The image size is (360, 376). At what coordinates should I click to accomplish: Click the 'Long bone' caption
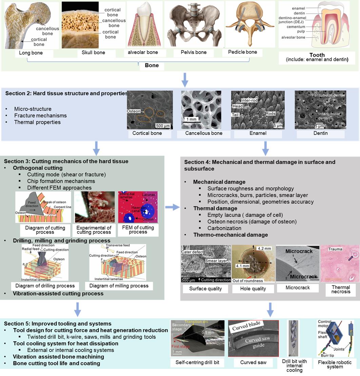point(31,53)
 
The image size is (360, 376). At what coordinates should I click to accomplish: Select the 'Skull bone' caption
point(93,53)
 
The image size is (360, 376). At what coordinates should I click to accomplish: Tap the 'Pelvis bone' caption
point(194,53)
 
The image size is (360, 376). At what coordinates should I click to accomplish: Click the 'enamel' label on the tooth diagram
point(298,8)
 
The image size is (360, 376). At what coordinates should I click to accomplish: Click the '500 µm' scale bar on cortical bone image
point(162,126)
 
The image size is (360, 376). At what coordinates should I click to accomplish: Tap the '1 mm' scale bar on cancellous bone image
point(192,119)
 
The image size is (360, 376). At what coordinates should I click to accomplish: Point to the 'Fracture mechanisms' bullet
point(40,116)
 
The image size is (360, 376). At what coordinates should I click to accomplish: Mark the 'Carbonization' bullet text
point(224,228)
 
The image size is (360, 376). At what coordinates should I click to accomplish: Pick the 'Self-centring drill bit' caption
point(197,362)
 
